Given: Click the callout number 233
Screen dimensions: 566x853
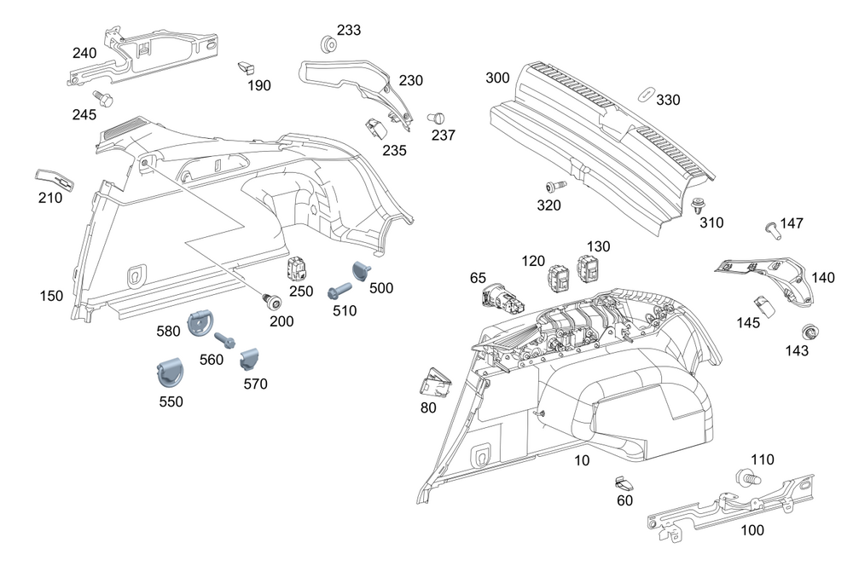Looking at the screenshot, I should (x=348, y=30).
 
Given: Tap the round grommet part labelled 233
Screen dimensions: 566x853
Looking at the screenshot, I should (x=326, y=42).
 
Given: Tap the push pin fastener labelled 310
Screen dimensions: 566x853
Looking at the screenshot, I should (x=698, y=205).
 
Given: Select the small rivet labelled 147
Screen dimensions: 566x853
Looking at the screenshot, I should (x=772, y=228).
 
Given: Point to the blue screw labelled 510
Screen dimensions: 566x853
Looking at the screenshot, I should (x=339, y=290).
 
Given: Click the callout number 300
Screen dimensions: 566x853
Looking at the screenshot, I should (x=497, y=78).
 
